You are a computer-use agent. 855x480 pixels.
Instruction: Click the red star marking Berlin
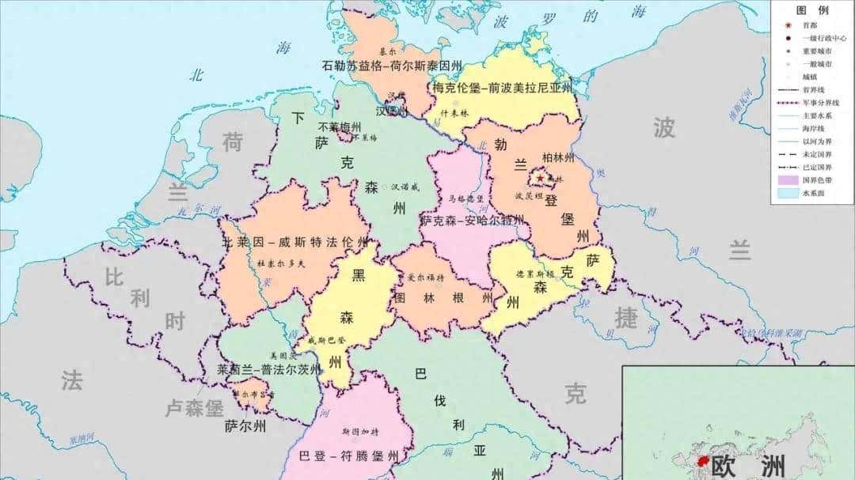[541, 179]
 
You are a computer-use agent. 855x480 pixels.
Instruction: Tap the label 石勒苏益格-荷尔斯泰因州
[393, 66]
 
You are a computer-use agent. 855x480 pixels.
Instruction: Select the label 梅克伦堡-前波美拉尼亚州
[503, 89]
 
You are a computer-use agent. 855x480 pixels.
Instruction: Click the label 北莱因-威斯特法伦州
[294, 242]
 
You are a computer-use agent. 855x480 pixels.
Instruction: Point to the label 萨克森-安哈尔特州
[472, 221]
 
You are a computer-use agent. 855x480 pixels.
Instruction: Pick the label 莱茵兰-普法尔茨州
[270, 369]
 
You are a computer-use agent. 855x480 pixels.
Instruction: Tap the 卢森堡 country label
[194, 409]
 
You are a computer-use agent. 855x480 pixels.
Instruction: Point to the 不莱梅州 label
[340, 127]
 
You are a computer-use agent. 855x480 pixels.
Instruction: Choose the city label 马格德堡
[464, 198]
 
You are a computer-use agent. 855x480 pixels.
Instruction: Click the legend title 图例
[812, 10]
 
